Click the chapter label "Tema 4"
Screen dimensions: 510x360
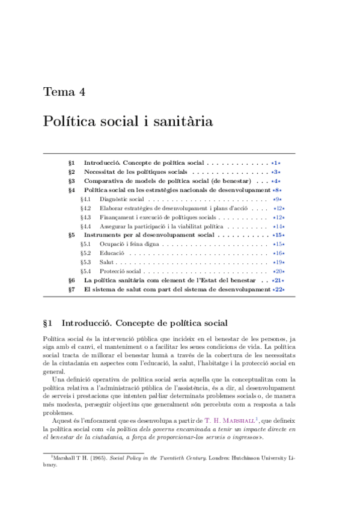pos(64,92)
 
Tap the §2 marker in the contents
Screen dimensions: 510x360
pos(71,172)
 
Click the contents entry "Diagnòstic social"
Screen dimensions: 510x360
pos(122,199)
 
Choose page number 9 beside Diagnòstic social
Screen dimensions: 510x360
pos(277,199)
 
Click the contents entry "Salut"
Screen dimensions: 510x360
pos(106,262)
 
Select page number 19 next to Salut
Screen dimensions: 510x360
pos(278,262)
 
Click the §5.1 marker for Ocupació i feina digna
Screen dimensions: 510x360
pos(85,244)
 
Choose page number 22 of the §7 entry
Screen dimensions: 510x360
pos(278,289)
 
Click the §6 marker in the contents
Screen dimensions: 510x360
pos(71,280)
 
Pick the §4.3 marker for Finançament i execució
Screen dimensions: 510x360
pos(85,217)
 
